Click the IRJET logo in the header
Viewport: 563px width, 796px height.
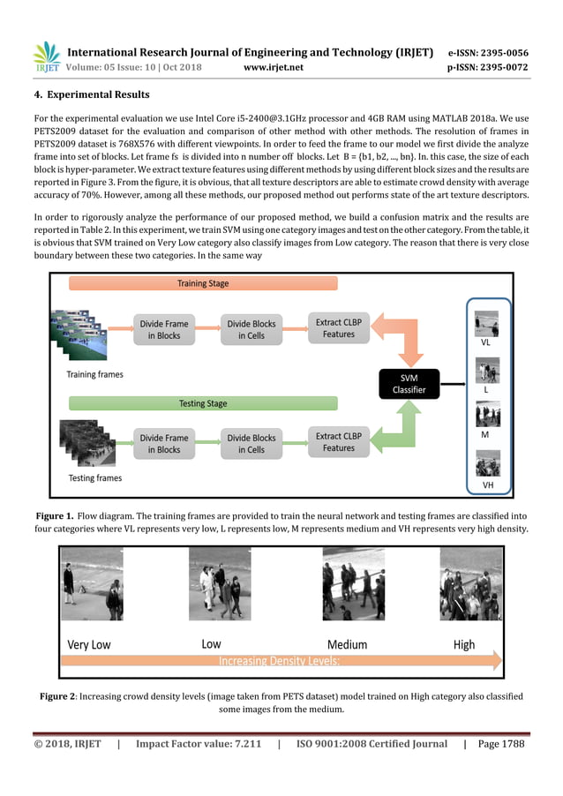[x=46, y=57]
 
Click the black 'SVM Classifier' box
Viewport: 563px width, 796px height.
[x=409, y=383]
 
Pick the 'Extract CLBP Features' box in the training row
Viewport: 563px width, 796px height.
[x=339, y=328]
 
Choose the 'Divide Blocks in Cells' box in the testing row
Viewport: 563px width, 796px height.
[x=251, y=443]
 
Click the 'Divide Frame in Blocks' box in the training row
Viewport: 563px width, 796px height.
[x=163, y=329]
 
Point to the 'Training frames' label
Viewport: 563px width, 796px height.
[x=95, y=374]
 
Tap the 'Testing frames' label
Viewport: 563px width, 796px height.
[x=95, y=478]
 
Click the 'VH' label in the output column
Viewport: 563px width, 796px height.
[x=486, y=485]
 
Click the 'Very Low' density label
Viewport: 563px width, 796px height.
[x=89, y=644]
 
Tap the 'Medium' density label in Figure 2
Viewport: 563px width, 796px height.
[x=347, y=644]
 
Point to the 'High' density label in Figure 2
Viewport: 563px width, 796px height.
[x=463, y=644]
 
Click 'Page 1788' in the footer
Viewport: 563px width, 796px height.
[x=500, y=744]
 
